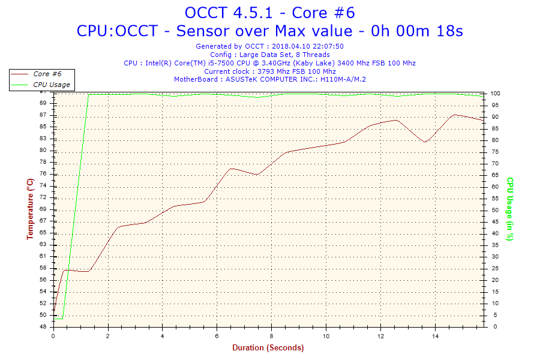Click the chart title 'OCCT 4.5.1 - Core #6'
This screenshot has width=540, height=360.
click(x=269, y=13)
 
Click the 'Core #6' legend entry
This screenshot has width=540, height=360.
click(x=47, y=74)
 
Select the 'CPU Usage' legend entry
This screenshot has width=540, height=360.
click(x=51, y=85)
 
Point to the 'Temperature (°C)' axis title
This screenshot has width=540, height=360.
click(x=30, y=209)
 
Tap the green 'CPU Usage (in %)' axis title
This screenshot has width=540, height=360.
click(x=510, y=209)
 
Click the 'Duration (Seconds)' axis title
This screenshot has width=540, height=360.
click(x=268, y=347)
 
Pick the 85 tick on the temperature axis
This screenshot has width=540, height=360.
click(x=43, y=127)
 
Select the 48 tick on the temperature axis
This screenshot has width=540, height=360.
click(x=43, y=327)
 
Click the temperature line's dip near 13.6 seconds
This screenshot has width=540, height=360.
click(x=425, y=142)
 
